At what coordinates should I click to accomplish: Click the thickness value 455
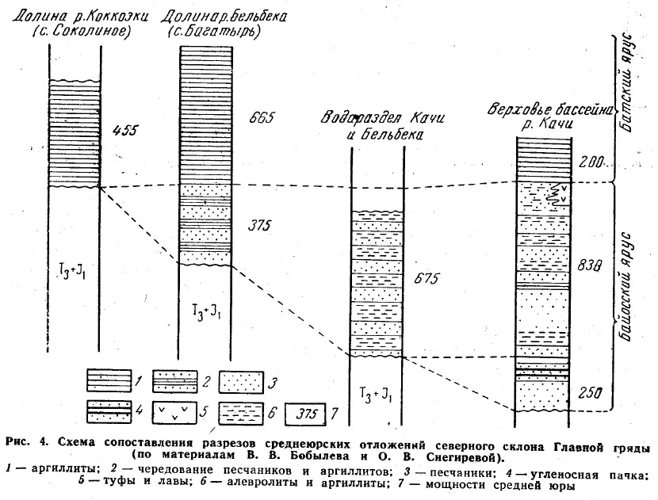coord(124,130)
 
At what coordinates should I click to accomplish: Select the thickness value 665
coord(261,117)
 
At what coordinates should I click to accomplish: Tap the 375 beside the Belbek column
coord(258,226)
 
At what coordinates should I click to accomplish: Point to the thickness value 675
coord(427,278)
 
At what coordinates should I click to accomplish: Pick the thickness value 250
coord(590,393)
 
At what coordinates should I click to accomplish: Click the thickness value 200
coord(591,161)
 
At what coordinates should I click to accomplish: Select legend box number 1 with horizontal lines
coord(109,381)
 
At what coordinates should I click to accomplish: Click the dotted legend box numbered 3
coord(241,382)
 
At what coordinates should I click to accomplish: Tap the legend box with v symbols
coord(174,413)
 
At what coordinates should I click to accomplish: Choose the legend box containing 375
coord(305,414)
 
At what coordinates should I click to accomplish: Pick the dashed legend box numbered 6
coord(241,413)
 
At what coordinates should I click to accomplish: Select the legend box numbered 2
coord(174,381)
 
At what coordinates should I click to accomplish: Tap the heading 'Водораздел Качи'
coord(382,118)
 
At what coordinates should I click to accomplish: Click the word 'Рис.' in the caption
coord(17,442)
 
